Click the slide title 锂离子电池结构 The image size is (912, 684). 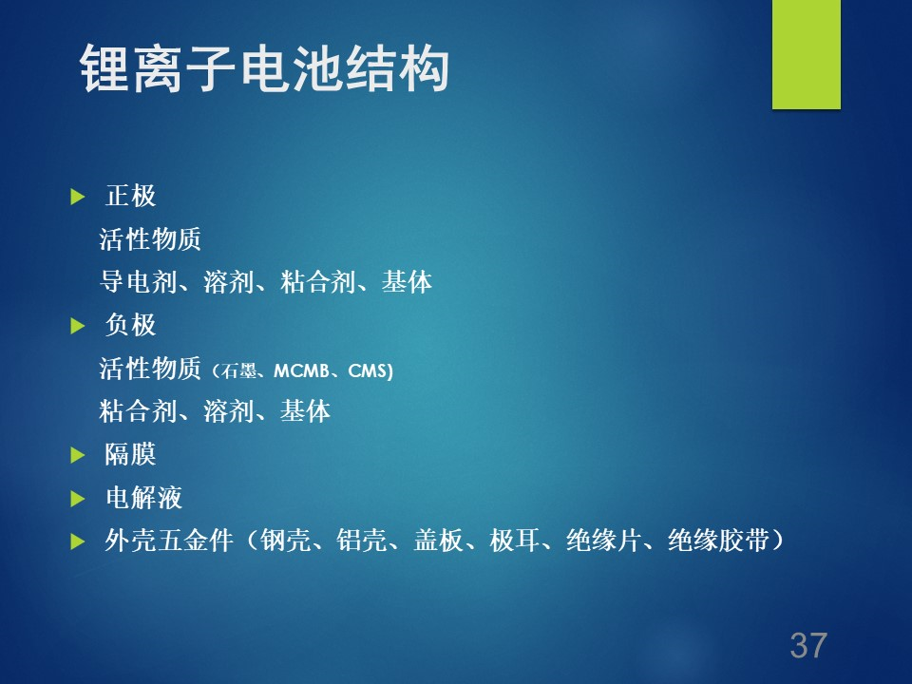click(x=265, y=68)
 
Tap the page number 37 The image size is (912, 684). click(x=808, y=645)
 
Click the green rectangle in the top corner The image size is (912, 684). click(x=807, y=54)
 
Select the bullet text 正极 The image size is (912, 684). click(x=131, y=196)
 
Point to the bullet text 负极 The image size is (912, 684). click(x=131, y=325)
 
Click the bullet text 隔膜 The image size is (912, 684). click(x=131, y=454)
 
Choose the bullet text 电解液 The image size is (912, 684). click(x=143, y=497)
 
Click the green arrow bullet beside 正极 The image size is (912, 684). click(x=77, y=197)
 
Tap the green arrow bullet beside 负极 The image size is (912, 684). click(x=77, y=326)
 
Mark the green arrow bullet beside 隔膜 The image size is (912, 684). click(x=77, y=455)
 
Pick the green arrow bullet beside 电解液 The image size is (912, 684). click(x=77, y=499)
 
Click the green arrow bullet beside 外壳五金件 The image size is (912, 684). click(x=77, y=541)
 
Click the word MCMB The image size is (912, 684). click(x=301, y=370)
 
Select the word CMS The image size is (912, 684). click(x=367, y=370)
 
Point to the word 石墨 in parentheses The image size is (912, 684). click(x=238, y=370)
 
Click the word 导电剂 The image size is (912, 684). click(x=138, y=282)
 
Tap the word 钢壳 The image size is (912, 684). click(x=285, y=541)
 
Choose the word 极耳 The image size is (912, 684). click(x=515, y=541)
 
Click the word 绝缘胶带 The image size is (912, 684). click(x=718, y=541)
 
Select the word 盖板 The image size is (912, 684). click(x=439, y=541)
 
